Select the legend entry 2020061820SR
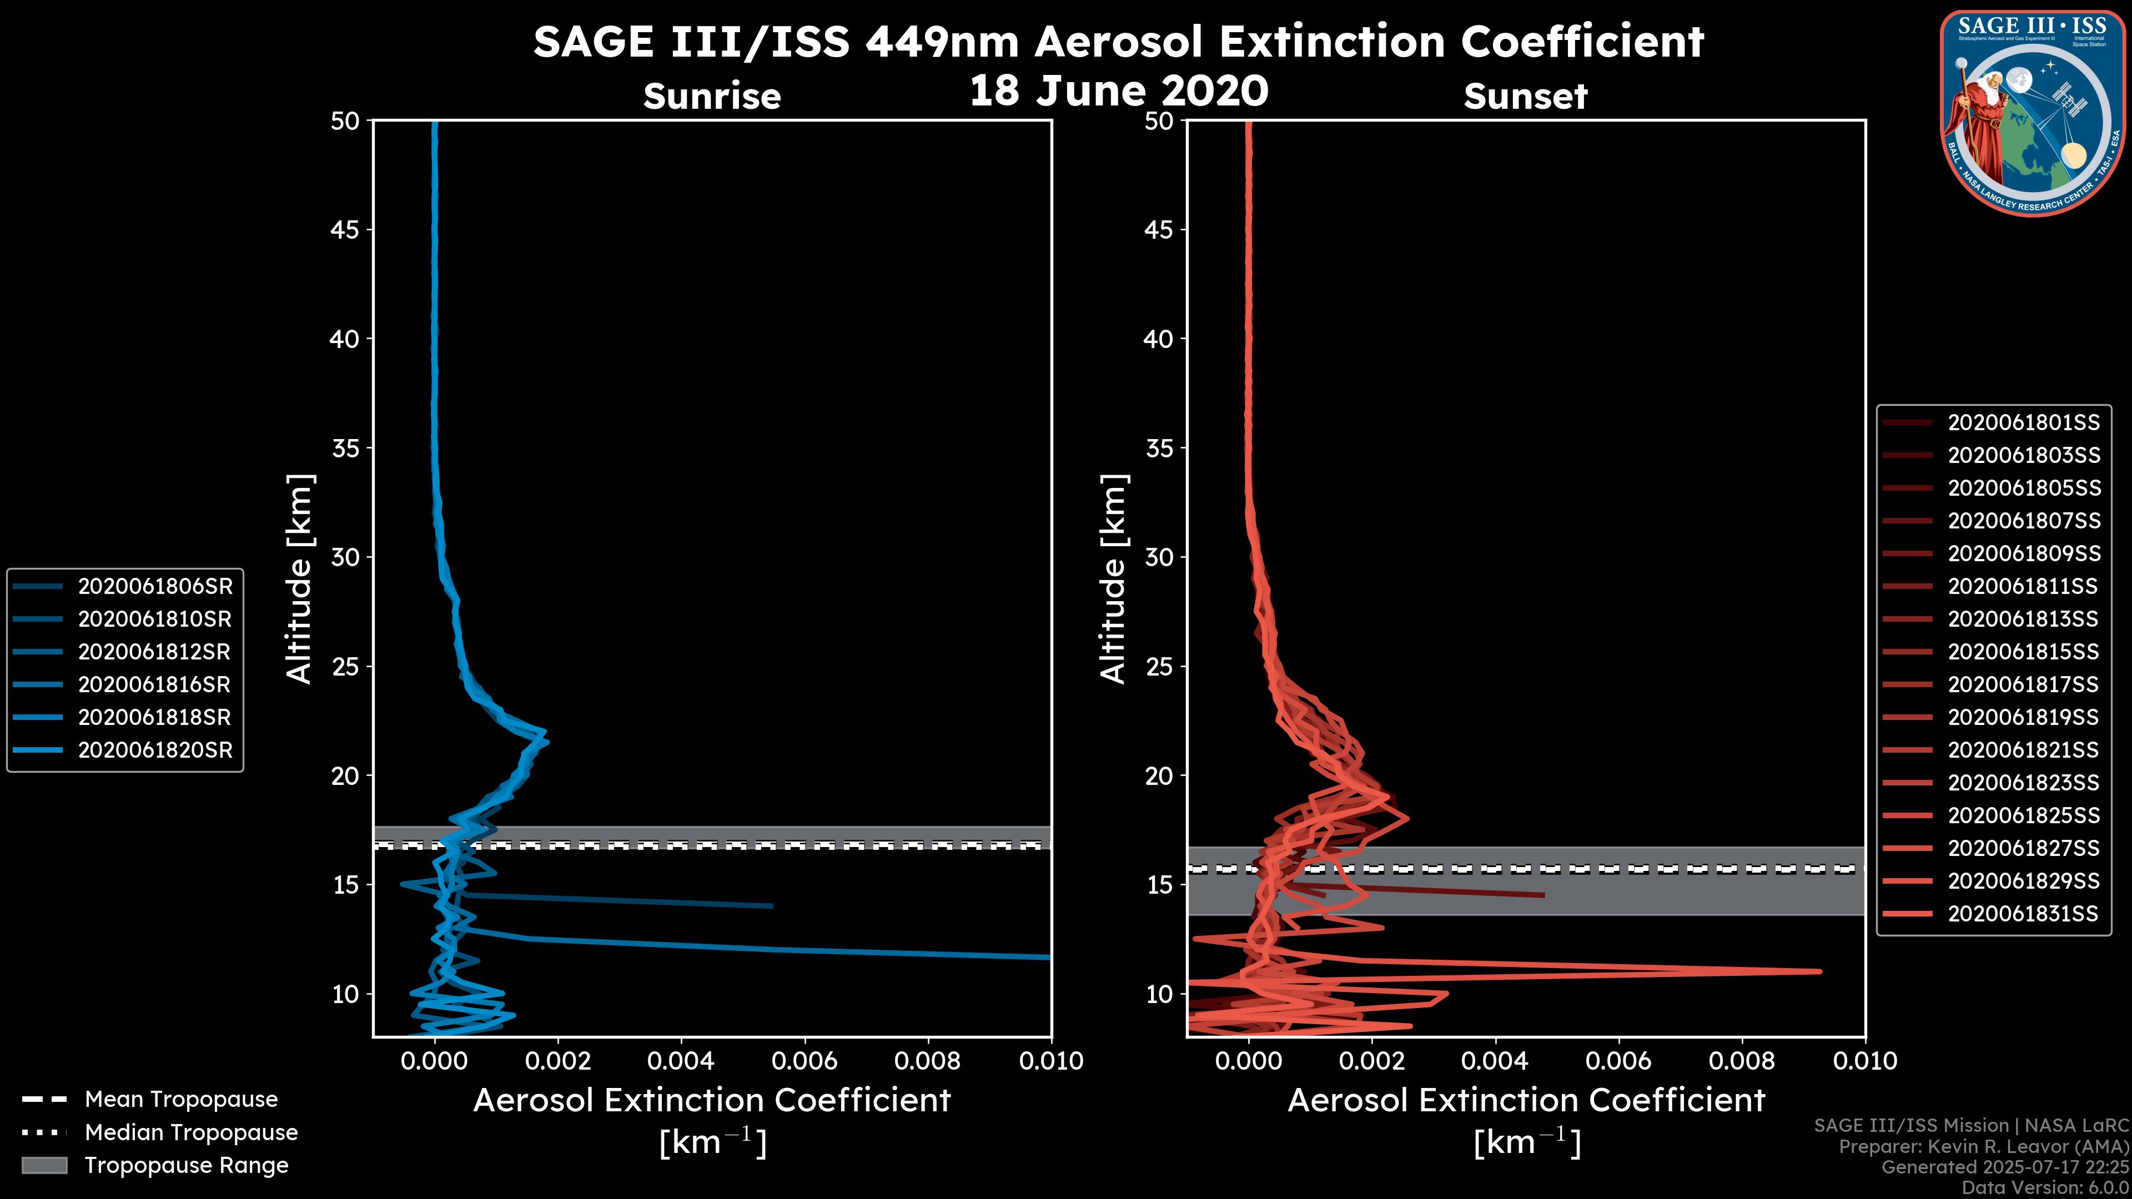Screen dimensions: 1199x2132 pos(155,750)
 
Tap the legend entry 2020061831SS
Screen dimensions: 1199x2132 pos(2023,914)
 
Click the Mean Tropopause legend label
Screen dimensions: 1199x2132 pos(181,1099)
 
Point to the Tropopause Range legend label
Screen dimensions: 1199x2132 pos(186,1165)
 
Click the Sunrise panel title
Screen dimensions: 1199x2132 pos(712,96)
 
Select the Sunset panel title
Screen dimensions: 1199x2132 pos(1525,96)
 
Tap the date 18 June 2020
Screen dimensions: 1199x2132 pos(1118,90)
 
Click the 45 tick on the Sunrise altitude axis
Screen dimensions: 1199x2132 pos(345,229)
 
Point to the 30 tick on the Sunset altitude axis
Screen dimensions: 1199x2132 pos(1159,557)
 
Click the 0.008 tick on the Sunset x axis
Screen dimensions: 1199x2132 pos(1742,1061)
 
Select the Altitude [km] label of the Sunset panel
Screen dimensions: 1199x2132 pos(1113,579)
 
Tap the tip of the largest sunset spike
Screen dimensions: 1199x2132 pos(1820,971)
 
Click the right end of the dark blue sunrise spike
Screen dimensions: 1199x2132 pos(771,906)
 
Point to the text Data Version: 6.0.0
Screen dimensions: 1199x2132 pos(2046,1187)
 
